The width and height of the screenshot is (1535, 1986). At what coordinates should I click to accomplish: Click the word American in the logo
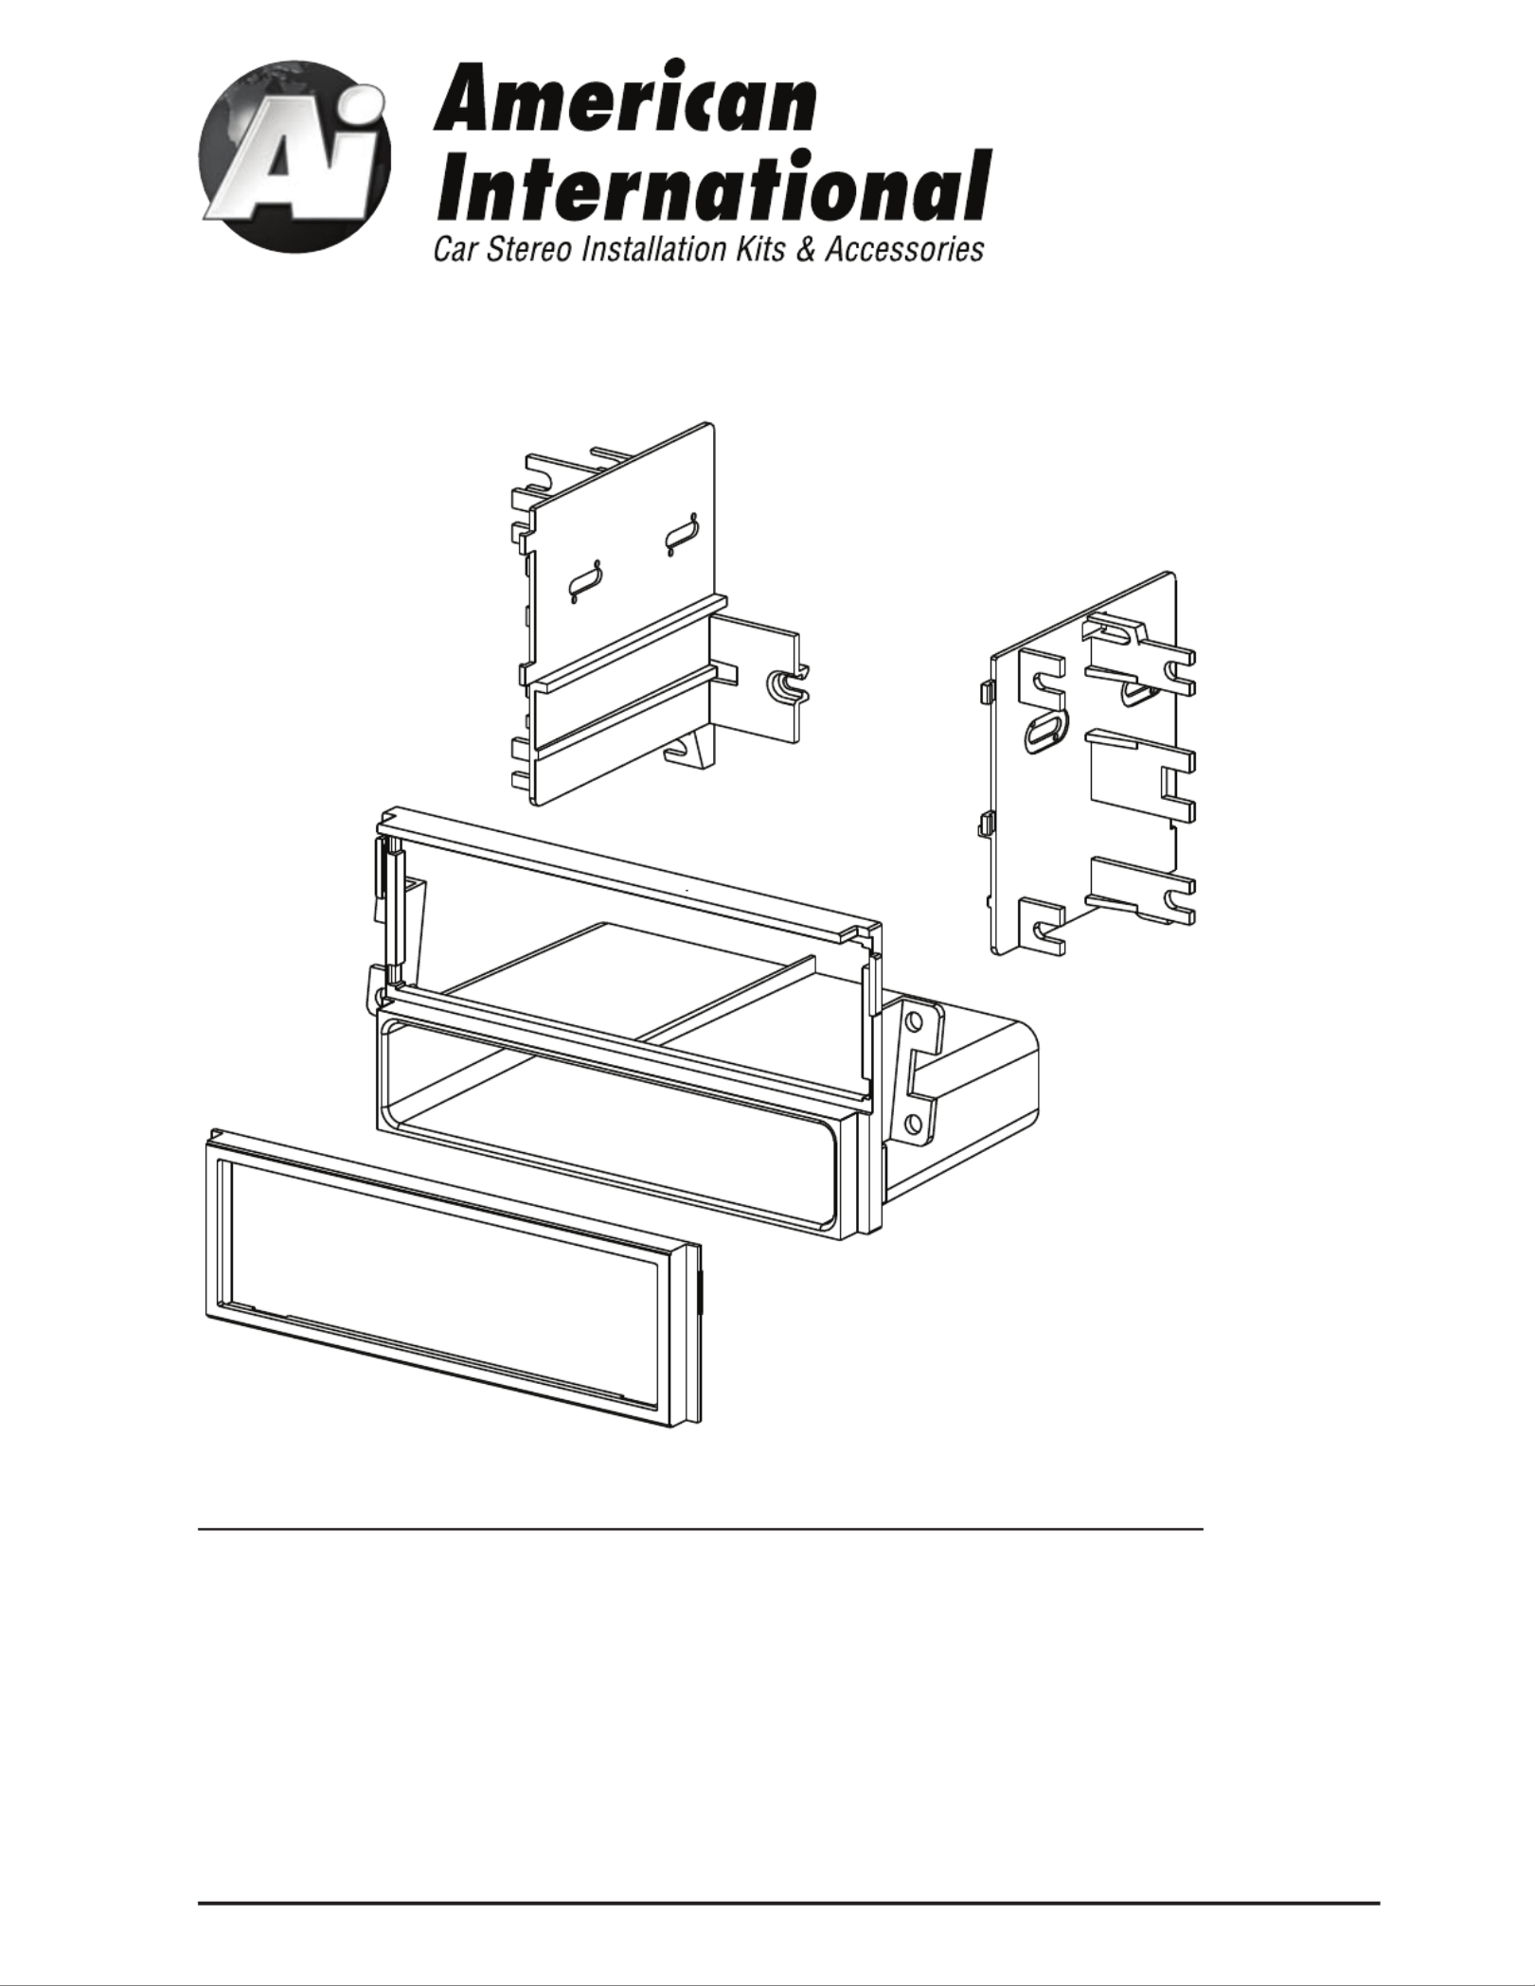pyautogui.click(x=626, y=99)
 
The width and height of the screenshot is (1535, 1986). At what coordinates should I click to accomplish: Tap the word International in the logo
pyautogui.click(x=713, y=185)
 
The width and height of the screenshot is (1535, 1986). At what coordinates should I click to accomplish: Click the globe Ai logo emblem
pyautogui.click(x=295, y=155)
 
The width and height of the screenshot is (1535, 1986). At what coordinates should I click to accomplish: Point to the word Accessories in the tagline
pyautogui.click(x=904, y=250)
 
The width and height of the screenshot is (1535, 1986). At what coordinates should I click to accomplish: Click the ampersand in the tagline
pyautogui.click(x=805, y=250)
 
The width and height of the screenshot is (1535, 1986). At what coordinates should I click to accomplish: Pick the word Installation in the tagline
pyautogui.click(x=656, y=250)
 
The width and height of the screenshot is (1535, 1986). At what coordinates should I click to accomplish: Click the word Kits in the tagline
pyautogui.click(x=761, y=250)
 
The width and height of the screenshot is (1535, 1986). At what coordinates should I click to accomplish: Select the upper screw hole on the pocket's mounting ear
pyautogui.click(x=914, y=1024)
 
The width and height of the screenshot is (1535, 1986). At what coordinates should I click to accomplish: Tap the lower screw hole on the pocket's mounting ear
pyautogui.click(x=914, y=1124)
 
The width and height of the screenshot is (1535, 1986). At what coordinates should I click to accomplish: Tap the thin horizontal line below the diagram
pyautogui.click(x=700, y=1529)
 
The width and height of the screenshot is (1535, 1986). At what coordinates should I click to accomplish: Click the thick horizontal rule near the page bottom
pyautogui.click(x=789, y=1902)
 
